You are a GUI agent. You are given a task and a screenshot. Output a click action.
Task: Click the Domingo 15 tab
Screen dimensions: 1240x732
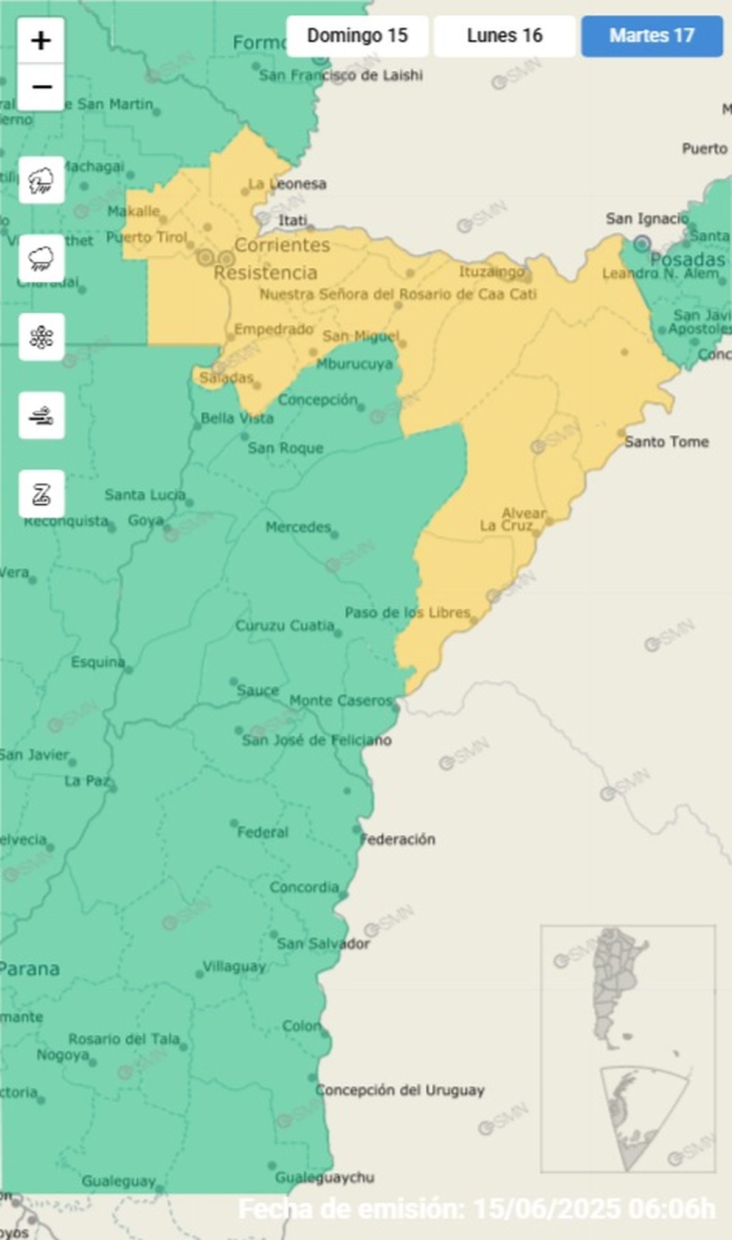[x=357, y=36]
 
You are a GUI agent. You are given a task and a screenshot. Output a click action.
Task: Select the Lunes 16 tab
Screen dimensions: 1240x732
[x=504, y=36]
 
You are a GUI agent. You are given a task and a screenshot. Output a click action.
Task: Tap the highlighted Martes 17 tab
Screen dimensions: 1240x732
[x=651, y=36]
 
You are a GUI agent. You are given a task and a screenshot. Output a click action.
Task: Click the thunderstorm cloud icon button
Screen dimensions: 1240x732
[x=41, y=180]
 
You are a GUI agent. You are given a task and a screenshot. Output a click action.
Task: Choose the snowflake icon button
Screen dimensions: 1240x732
[x=41, y=337]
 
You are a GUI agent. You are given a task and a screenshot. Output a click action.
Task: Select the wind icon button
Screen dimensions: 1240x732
[x=41, y=416]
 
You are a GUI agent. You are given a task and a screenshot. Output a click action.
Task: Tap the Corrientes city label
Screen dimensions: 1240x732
[x=282, y=245]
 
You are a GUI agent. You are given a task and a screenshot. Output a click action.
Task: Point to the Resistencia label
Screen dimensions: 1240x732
[x=265, y=273]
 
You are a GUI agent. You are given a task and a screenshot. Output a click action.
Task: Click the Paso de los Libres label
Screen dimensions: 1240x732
[x=407, y=612]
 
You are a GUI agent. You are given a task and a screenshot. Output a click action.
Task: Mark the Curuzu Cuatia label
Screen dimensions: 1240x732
[x=285, y=626]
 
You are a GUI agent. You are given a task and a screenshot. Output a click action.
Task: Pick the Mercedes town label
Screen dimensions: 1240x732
[x=298, y=527]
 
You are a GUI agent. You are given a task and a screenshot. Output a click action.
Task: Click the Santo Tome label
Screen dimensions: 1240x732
[x=666, y=441]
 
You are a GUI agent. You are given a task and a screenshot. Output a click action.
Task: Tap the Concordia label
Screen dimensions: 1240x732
[x=304, y=887]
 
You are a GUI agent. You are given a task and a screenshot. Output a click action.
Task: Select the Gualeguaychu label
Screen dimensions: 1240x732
[x=325, y=1177]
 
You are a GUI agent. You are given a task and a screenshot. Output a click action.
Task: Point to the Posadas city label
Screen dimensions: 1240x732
[x=687, y=259]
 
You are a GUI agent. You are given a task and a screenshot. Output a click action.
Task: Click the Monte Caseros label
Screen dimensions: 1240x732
[x=340, y=700]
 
